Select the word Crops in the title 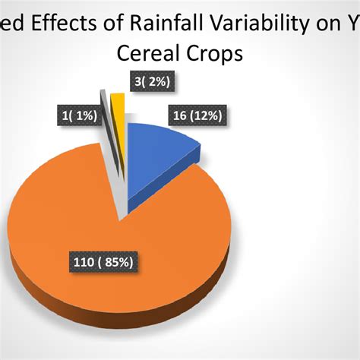[209, 55]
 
